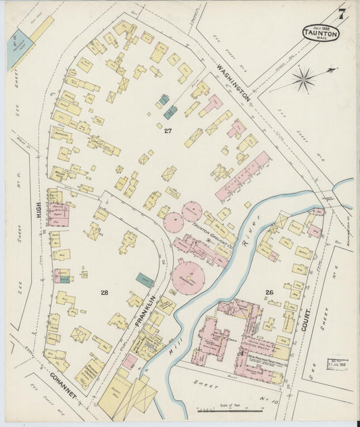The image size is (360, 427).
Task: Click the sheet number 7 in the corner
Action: pos(342,13)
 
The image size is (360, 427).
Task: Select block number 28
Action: pos(104,293)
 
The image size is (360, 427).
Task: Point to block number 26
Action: pos(269,293)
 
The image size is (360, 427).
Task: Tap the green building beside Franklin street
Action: pos(145,280)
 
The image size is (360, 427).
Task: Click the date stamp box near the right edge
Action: pos(337,365)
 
